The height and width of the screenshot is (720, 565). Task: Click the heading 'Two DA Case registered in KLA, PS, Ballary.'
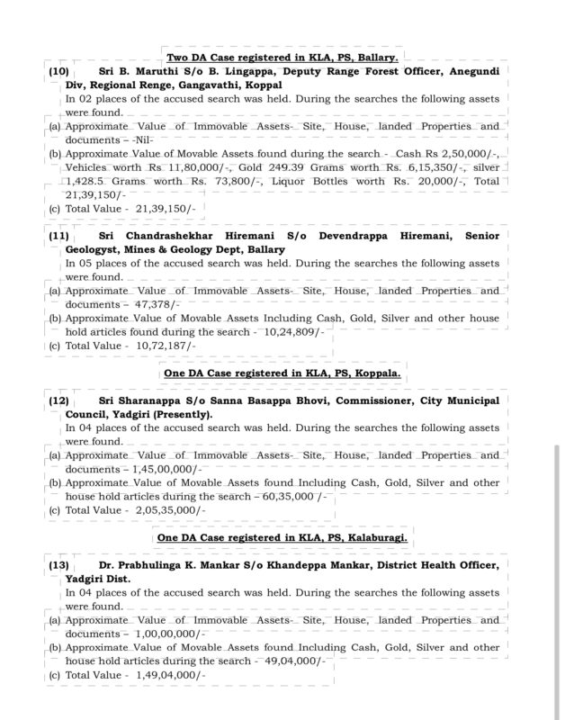tap(282, 57)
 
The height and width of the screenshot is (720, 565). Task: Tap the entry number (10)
tap(58, 70)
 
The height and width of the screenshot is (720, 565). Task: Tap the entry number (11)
tap(58, 235)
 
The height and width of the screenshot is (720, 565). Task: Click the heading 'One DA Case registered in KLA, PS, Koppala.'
tap(282, 372)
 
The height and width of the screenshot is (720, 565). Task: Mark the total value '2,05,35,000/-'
tap(171, 510)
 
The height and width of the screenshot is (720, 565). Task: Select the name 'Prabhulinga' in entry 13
tap(154, 565)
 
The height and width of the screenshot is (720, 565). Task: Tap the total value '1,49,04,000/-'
tap(171, 675)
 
